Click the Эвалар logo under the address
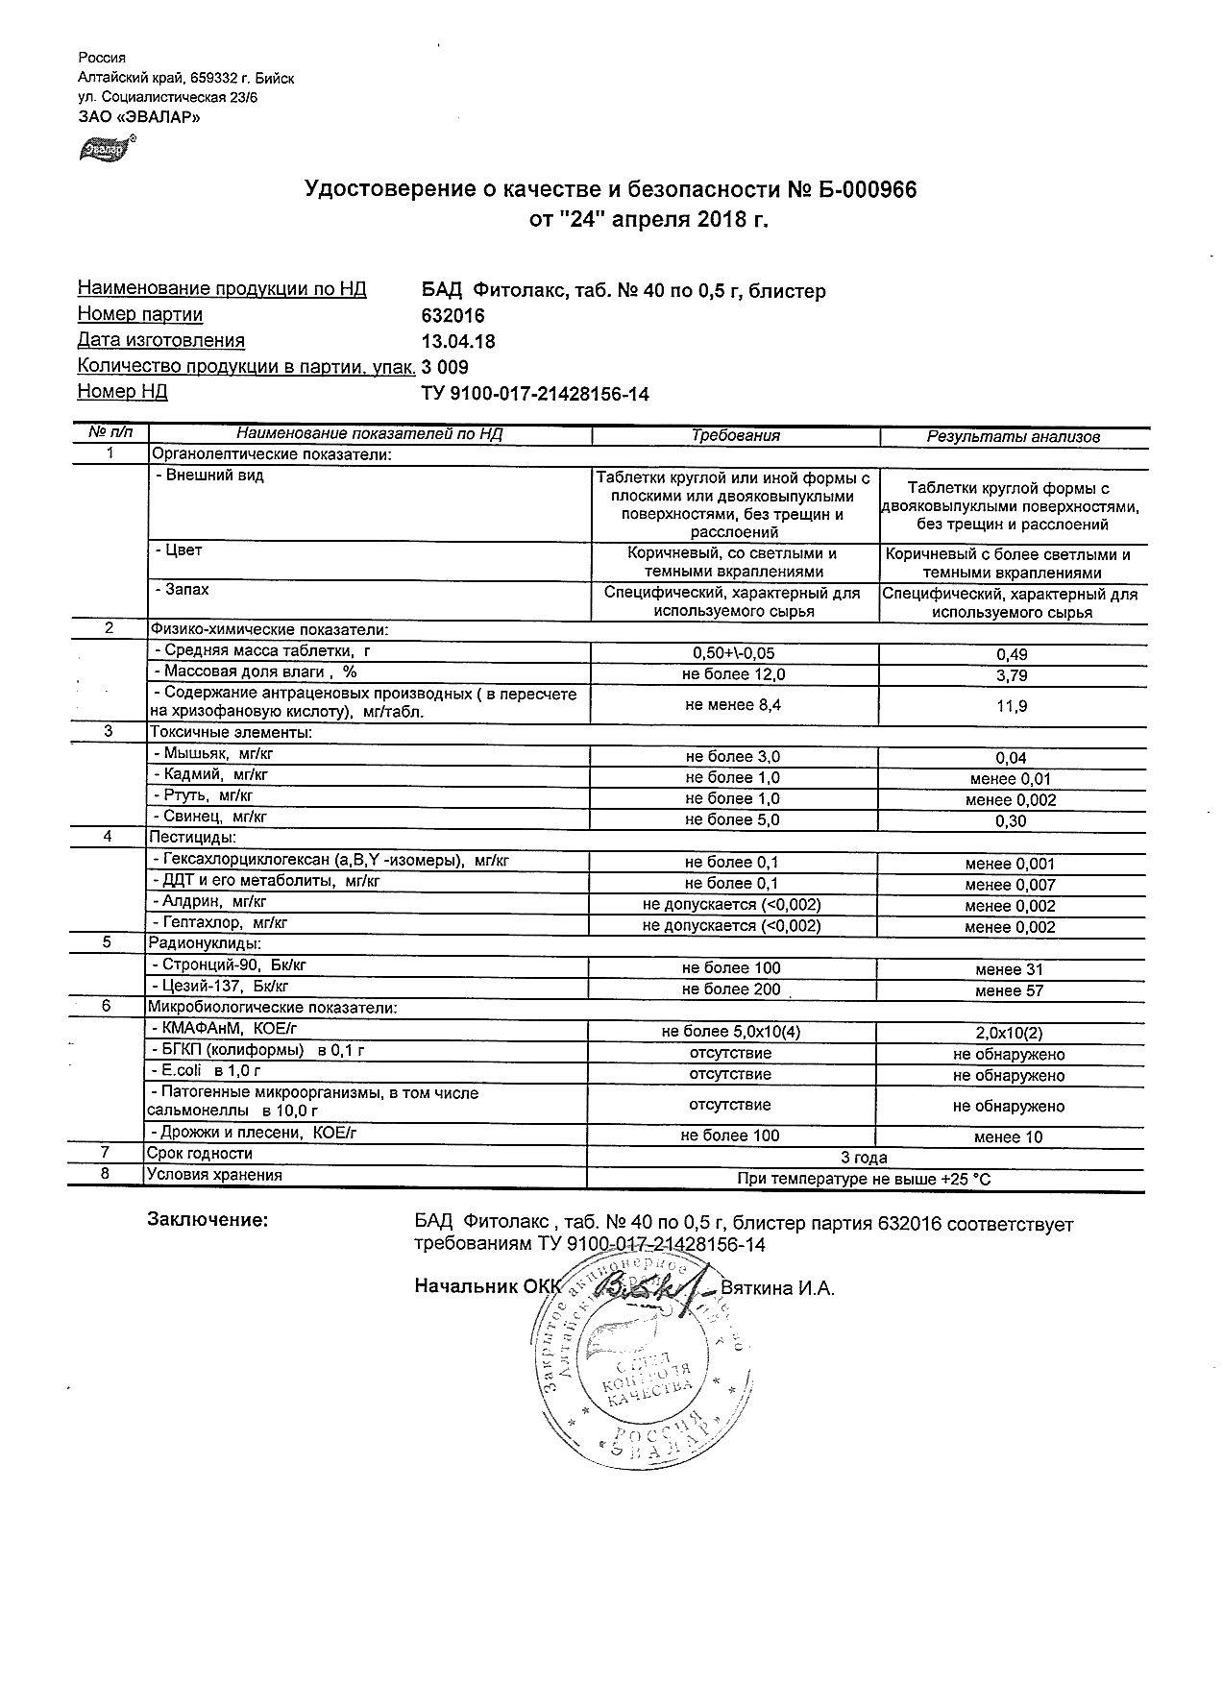(104, 148)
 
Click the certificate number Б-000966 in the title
(866, 190)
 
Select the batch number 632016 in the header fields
(453, 315)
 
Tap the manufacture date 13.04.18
(458, 341)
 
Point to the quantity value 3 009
(446, 367)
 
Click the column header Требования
(735, 436)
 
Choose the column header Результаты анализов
(1013, 437)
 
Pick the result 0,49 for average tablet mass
(1012, 654)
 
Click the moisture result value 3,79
(1012, 675)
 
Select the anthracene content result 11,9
(1012, 706)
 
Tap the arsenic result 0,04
(1012, 758)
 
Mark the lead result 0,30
(1012, 821)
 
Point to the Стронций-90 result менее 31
(1009, 969)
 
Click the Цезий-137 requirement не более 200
(731, 989)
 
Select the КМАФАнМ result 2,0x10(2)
(1009, 1034)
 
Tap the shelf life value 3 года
(864, 1158)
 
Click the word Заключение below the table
(207, 1220)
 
